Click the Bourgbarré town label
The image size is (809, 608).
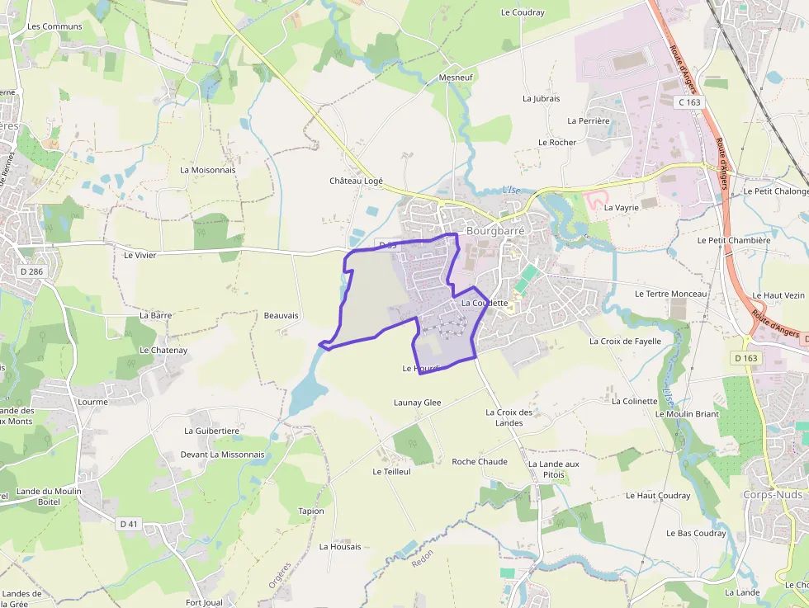495,232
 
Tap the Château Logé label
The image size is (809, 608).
357,181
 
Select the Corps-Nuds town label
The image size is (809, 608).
772,494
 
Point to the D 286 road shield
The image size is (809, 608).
32,271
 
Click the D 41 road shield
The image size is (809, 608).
129,523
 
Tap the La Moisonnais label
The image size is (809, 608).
208,170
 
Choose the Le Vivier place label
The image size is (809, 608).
140,255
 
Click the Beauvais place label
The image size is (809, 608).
281,315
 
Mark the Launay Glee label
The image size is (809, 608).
417,403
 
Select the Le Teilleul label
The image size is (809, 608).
391,472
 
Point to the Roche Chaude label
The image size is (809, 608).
480,461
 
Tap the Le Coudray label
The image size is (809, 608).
523,12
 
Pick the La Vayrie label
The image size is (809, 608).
622,208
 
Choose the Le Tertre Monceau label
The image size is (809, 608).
671,294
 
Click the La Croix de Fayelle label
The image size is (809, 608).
626,341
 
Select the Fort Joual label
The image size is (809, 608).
204,602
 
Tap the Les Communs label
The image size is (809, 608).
54,26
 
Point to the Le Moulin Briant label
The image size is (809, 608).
691,413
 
